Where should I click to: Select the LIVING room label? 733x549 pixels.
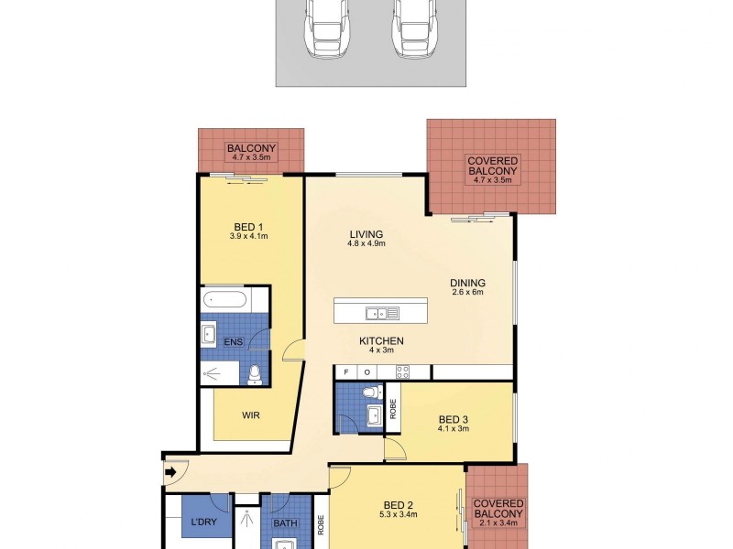coord(365,233)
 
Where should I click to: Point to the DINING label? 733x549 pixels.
coord(467,283)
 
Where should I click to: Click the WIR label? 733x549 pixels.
coord(250,414)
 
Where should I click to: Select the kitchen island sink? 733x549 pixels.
coord(377,314)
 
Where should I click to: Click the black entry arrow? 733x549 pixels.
coord(170,472)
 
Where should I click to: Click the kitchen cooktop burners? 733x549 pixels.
coord(401,371)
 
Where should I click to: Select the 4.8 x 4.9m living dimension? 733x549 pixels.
coord(365,244)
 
